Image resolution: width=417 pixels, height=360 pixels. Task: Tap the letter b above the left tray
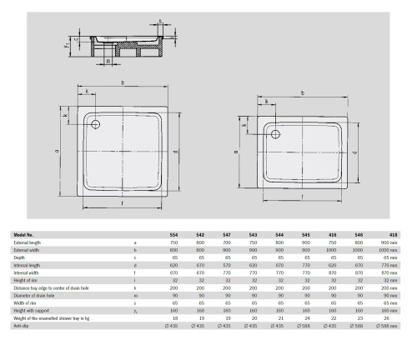(123, 83)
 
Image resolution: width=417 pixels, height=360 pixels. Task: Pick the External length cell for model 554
(173, 242)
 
